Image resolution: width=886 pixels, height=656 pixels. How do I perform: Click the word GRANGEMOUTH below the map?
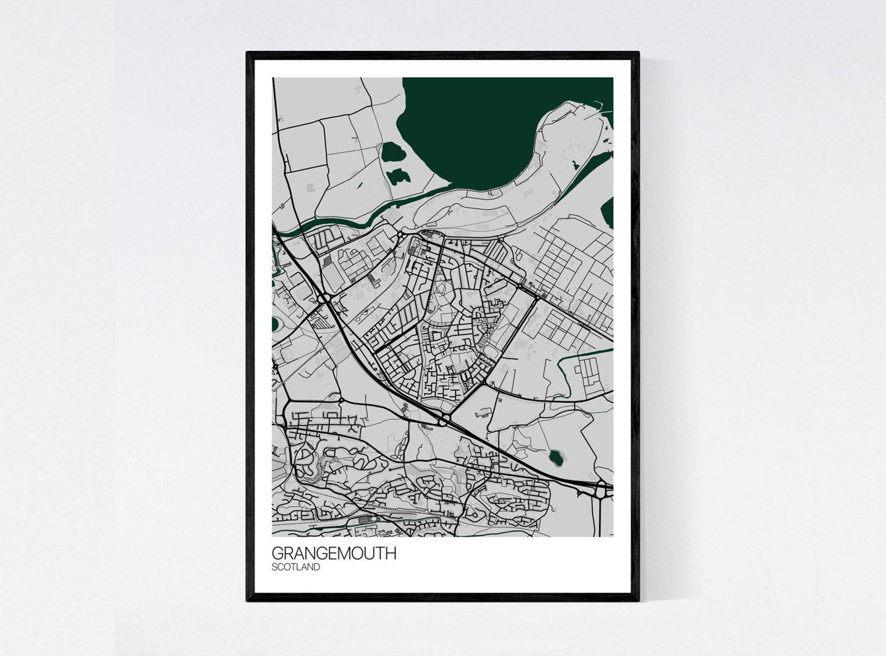(x=334, y=553)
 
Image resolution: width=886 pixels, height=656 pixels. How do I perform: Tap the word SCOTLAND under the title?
(x=296, y=567)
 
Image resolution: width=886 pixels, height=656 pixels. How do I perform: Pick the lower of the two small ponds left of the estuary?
(x=396, y=176)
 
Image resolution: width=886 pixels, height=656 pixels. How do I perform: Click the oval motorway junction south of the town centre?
(x=445, y=418)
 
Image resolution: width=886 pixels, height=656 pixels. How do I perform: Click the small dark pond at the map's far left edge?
(x=275, y=323)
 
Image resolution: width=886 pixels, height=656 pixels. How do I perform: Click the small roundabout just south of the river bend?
(x=401, y=234)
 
